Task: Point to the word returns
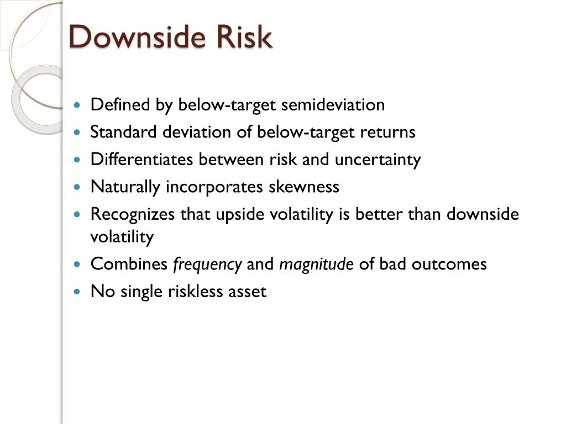coord(387,132)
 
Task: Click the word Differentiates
coord(142,160)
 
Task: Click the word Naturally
coord(125,187)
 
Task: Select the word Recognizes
coord(133,214)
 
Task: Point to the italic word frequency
coord(207,264)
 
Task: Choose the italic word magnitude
coord(316,264)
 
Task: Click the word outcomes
coord(456,264)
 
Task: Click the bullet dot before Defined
coord(77,105)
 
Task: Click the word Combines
coord(129,264)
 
